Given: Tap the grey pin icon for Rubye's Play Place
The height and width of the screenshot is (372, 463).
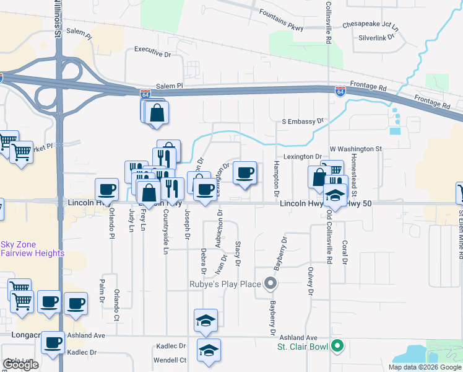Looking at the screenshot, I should coord(270,285).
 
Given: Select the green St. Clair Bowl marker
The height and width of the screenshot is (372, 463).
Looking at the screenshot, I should coord(337,345).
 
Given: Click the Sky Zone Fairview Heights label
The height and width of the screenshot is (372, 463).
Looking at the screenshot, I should coord(32,249).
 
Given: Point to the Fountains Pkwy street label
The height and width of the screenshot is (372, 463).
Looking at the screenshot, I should coord(281,12).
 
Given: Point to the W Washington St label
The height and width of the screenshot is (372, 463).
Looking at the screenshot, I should coord(356,149).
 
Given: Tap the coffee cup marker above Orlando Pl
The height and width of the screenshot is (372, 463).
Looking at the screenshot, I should coord(106,189).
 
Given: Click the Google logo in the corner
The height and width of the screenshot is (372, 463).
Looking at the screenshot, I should coord(20,365).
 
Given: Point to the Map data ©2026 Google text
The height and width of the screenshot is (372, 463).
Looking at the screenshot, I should coord(425,367).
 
